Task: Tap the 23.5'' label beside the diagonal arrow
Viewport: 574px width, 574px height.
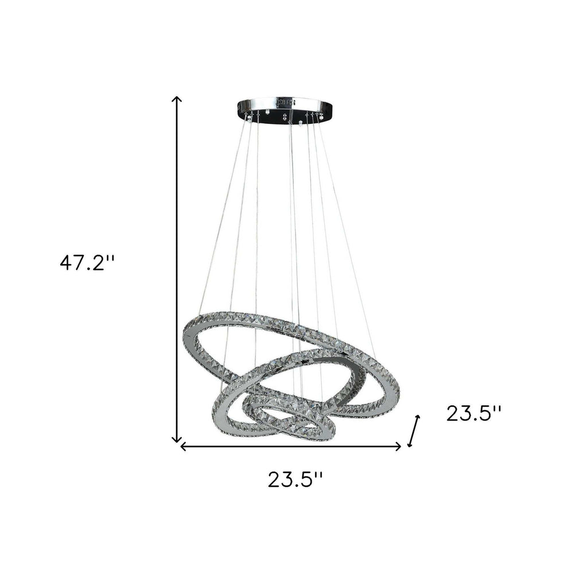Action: [474, 413]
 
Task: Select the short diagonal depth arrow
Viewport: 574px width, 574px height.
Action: [414, 430]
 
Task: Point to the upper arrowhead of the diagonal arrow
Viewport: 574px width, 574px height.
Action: [418, 417]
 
